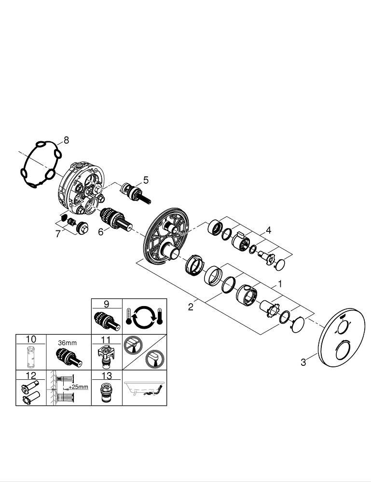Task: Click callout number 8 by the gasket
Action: tap(66, 140)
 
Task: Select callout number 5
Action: tap(146, 180)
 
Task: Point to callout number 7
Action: tap(58, 234)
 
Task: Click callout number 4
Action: tap(269, 230)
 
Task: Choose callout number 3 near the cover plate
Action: tap(303, 362)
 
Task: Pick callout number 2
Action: tap(191, 307)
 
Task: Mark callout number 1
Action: tap(280, 283)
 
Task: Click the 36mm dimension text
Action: tap(68, 343)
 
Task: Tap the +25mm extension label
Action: tap(78, 387)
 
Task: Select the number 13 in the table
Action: tap(107, 375)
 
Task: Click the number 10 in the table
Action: tap(31, 339)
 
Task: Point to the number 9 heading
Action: tap(107, 304)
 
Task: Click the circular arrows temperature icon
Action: tap(145, 316)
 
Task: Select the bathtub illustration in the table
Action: tap(144, 388)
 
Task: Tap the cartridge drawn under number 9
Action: tap(107, 321)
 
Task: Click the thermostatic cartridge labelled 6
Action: tap(116, 219)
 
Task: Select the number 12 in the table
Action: tap(31, 375)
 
